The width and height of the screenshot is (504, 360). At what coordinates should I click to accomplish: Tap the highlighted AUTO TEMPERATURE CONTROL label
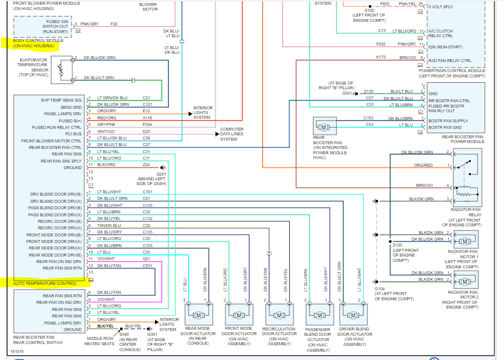point(46,284)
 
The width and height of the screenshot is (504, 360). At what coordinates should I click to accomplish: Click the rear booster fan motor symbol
point(324,127)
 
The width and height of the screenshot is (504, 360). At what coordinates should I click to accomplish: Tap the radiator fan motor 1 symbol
point(465,241)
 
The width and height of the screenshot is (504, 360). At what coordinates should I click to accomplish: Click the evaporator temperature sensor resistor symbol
point(60,70)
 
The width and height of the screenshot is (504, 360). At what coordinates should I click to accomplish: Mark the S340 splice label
point(124,334)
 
